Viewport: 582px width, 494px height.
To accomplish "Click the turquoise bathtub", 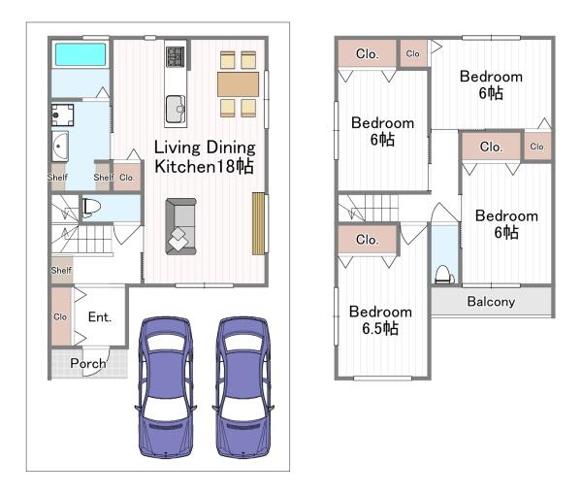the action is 81,54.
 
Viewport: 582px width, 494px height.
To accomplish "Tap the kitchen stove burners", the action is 176,56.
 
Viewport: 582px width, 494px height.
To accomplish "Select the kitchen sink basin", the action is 176,109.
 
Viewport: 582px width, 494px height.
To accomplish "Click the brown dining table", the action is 238,84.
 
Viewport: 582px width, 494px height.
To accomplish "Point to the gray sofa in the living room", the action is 180,226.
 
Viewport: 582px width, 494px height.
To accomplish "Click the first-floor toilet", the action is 91,207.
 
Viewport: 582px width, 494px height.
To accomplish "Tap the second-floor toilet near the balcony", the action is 444,275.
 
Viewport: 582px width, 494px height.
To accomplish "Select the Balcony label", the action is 491,302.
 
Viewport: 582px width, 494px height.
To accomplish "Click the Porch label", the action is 88,363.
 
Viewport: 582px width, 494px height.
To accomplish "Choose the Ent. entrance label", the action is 100,316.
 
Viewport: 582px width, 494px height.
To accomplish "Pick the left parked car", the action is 166,387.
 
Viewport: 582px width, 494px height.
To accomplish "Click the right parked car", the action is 243,387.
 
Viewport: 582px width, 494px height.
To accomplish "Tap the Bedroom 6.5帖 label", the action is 380,320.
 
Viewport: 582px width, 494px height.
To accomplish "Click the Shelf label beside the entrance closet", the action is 62,270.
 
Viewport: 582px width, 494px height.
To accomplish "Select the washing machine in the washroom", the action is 62,115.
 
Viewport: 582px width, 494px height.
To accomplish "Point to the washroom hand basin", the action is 59,147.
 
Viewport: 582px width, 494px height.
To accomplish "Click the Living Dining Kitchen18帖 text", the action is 205,157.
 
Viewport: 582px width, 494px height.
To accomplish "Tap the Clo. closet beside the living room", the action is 126,178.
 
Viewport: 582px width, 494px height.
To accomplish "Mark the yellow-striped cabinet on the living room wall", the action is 258,223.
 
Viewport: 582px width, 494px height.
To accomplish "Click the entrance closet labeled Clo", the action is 61,316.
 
